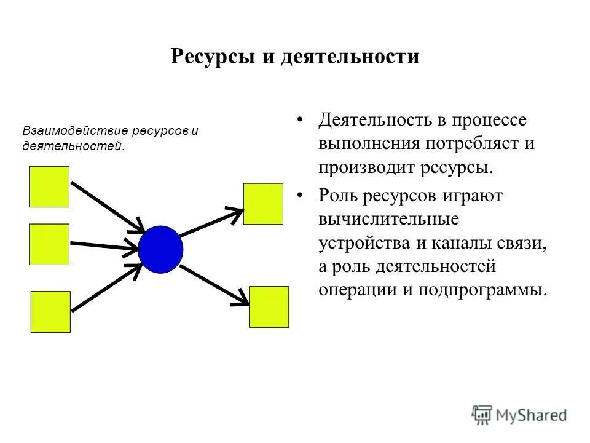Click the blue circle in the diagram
point(160,249)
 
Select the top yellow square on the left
point(49,186)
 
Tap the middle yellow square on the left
point(49,244)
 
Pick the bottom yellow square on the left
point(50,312)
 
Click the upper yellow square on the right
point(263,204)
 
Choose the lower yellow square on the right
point(269,306)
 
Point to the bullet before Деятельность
point(300,119)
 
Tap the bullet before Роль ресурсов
point(300,196)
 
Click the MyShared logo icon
point(483,414)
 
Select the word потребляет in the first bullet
point(466,143)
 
